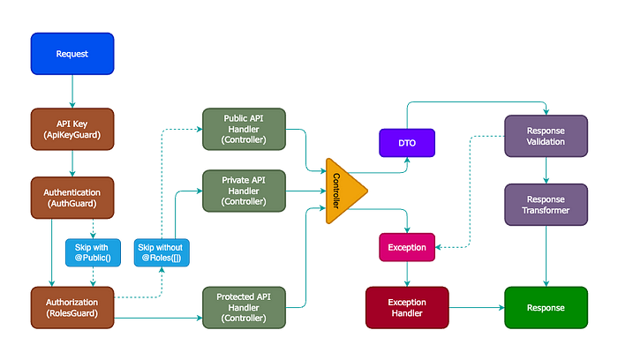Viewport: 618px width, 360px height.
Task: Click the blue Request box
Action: pos(72,54)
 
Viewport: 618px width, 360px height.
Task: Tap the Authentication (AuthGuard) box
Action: pos(72,198)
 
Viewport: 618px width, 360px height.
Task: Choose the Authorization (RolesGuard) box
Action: pos(72,306)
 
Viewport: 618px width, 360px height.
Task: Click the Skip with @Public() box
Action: pos(87,252)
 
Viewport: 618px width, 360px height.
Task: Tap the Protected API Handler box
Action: pos(244,306)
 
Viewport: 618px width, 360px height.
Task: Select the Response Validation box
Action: pos(546,136)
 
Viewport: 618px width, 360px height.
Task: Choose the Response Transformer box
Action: pos(546,205)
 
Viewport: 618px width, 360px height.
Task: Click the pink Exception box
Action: pos(406,247)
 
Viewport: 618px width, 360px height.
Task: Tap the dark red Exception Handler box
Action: pos(406,308)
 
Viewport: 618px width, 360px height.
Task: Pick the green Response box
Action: pos(546,308)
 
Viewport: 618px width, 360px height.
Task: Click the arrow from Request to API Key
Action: pos(72,90)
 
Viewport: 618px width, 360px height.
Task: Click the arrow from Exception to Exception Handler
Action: pos(406,274)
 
